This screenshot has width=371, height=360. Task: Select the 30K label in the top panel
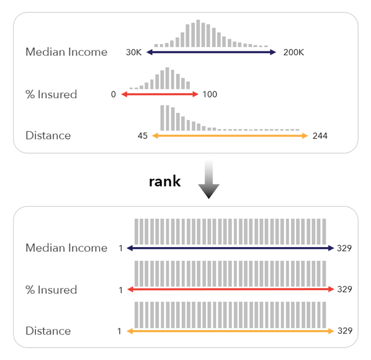[x=134, y=53]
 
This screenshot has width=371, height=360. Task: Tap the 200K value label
[x=293, y=53]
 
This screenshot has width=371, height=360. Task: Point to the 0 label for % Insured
[x=114, y=94]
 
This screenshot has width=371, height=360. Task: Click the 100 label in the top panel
[x=210, y=94]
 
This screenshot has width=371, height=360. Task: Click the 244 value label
[x=320, y=135]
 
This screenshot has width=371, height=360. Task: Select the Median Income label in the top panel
[x=66, y=52]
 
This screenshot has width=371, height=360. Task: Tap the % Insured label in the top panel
[x=51, y=94]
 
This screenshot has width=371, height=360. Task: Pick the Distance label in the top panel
[x=48, y=135]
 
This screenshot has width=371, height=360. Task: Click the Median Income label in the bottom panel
[x=66, y=248]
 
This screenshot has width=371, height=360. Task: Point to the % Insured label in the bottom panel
[x=51, y=289]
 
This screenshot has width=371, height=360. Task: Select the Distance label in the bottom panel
[x=48, y=331]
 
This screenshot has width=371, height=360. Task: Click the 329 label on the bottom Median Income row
[x=344, y=248]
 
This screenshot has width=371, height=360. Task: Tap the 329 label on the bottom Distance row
[x=344, y=331]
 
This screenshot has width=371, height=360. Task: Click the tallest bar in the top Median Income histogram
[x=198, y=34]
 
